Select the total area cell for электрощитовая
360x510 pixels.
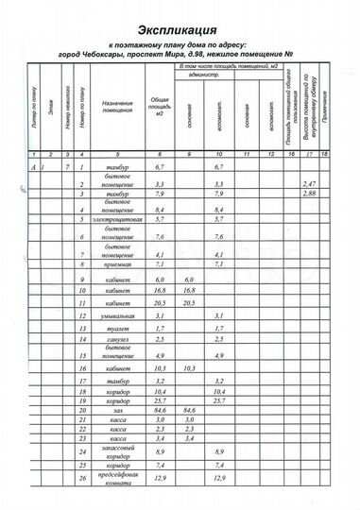point(160,245)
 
